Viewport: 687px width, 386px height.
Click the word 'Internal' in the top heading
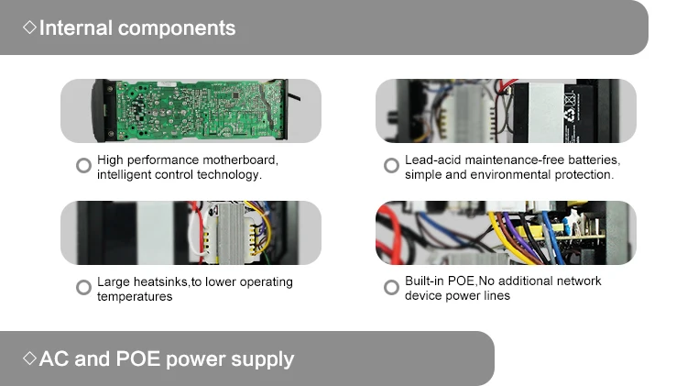click(76, 28)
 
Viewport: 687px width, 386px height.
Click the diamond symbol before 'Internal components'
click(29, 28)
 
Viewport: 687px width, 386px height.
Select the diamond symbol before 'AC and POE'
click(29, 358)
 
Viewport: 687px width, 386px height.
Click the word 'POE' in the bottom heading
click(140, 358)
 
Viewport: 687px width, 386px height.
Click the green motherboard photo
click(192, 109)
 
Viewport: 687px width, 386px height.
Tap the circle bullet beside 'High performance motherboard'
click(83, 166)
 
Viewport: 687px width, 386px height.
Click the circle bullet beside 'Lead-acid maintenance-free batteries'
click(391, 166)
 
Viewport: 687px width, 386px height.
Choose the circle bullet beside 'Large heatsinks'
click(83, 288)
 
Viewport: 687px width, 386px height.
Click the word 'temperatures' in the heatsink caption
click(135, 296)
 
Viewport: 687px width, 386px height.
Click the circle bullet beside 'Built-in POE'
click(391, 288)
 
